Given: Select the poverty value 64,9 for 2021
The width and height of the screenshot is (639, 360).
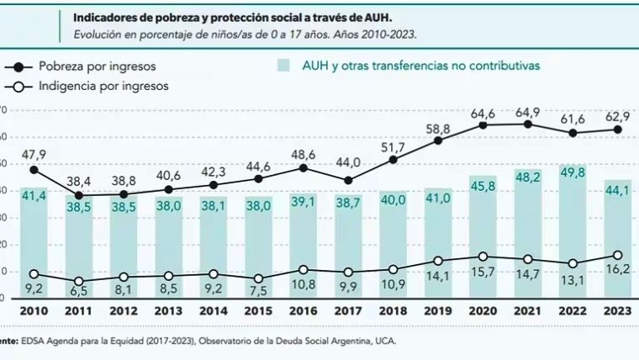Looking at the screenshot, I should click(x=528, y=111).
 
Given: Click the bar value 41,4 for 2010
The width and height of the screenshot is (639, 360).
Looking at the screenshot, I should click(x=34, y=196).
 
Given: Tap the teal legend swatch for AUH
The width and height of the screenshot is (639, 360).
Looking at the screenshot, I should click(x=286, y=66).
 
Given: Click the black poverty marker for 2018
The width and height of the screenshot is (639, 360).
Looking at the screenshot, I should click(x=393, y=159).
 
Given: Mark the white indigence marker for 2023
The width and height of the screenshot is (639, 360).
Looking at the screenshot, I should click(x=618, y=255).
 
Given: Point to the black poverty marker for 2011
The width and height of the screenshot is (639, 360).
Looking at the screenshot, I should click(x=79, y=195).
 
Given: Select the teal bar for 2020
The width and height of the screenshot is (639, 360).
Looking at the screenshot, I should click(x=483, y=244).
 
